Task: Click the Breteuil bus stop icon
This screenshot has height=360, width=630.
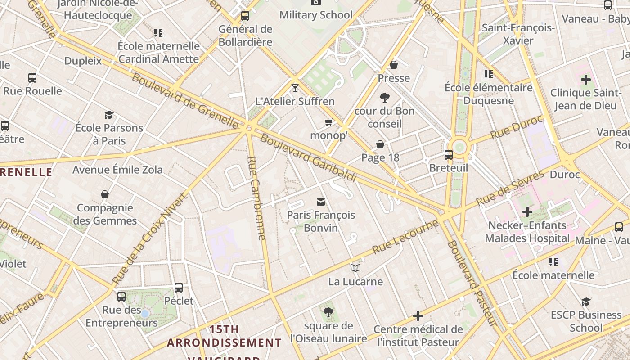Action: (x=449, y=155)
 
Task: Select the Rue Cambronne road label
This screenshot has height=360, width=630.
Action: (x=256, y=198)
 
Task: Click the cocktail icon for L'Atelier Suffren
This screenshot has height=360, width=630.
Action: (x=295, y=88)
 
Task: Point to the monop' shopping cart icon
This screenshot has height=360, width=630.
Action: (x=329, y=122)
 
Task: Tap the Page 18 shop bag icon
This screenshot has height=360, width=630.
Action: (x=380, y=144)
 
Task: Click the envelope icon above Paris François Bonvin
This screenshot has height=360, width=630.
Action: (x=321, y=202)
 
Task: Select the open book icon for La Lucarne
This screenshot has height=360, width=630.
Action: (x=355, y=268)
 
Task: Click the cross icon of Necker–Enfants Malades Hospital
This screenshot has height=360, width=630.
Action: (x=527, y=211)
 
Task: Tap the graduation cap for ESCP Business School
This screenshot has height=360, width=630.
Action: (x=586, y=301)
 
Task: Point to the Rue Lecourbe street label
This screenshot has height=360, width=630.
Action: (x=405, y=236)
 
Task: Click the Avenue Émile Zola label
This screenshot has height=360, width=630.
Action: (x=117, y=170)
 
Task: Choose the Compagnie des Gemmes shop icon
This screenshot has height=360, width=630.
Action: (x=105, y=194)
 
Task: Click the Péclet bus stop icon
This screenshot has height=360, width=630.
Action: (x=179, y=287)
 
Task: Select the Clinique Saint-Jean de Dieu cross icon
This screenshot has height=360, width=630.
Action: (x=585, y=80)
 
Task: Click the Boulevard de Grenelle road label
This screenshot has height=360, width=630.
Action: (x=184, y=100)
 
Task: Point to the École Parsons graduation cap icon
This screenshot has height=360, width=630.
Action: (x=109, y=115)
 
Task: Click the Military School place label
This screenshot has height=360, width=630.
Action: (x=316, y=15)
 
